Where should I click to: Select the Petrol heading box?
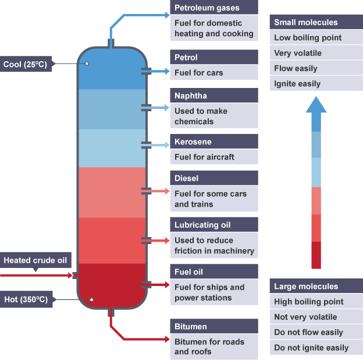pos(214,57)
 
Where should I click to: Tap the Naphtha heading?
pos(214,96)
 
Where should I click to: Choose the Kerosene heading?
pos(214,142)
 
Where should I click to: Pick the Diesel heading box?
pos(214,178)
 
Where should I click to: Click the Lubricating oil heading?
pos(214,225)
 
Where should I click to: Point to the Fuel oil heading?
pos(214,271)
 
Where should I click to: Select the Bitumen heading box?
pos(214,326)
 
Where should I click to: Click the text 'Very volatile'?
pos(298,53)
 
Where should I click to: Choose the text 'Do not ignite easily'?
pos(312,348)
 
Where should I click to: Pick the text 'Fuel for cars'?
pos(199,73)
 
